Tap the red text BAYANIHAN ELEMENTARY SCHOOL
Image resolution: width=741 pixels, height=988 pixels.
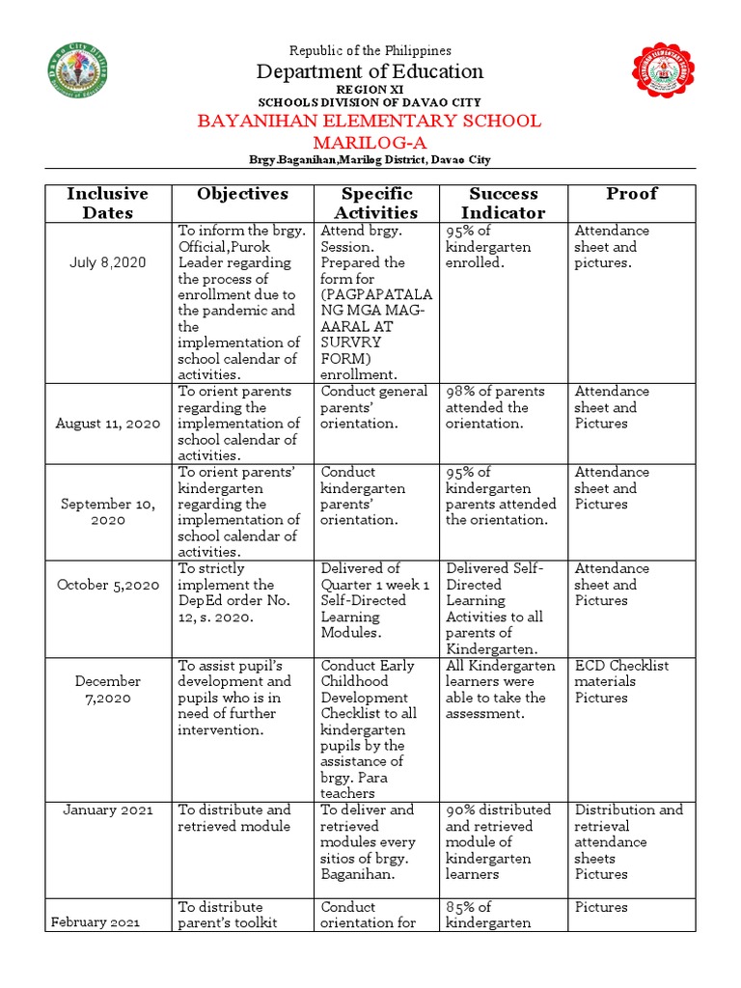coord(370,121)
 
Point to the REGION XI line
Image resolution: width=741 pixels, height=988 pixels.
coord(370,89)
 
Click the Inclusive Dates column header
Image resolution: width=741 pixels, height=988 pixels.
coord(107,203)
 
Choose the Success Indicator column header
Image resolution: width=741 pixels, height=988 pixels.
coord(502,203)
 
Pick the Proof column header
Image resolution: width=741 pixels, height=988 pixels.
coord(631,194)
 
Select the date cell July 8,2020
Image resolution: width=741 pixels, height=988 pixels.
coord(107,262)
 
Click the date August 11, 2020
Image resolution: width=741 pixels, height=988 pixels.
coord(107,424)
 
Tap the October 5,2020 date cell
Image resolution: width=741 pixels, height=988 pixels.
coord(107,585)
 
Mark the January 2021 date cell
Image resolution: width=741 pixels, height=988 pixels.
coord(107,810)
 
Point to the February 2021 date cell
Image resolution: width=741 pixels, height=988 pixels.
coord(96,922)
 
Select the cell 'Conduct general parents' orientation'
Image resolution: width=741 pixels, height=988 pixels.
coord(374,407)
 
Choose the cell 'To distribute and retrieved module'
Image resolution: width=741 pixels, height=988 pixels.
coord(234,818)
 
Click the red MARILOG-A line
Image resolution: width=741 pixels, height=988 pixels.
coord(370,141)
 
